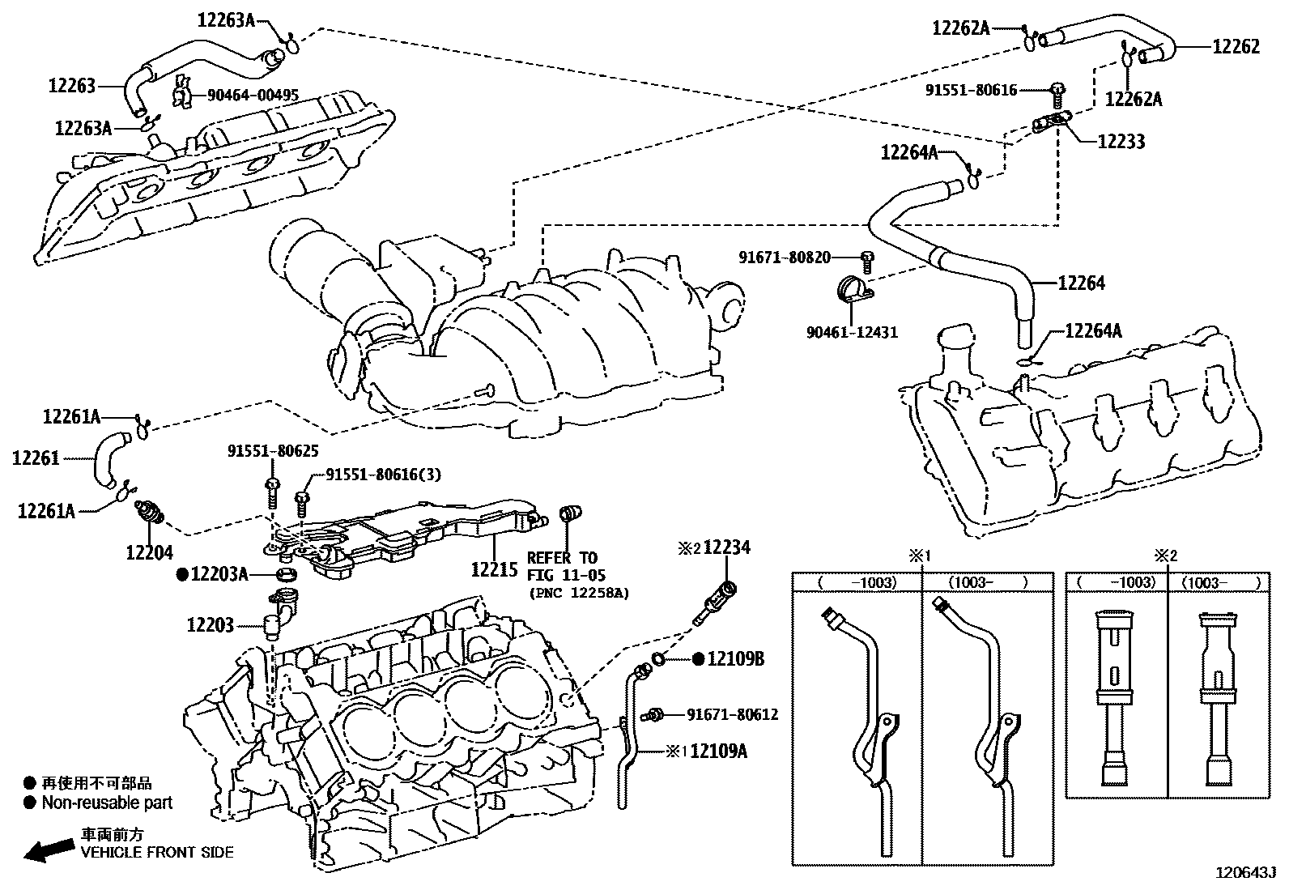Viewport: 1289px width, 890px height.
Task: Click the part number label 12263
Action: (72, 85)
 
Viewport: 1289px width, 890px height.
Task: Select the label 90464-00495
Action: (252, 96)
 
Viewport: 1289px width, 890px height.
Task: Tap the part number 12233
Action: (1121, 142)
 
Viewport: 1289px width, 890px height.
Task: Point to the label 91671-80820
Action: (784, 258)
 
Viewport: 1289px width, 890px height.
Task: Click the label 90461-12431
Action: (852, 332)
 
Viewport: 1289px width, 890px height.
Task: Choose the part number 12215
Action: (494, 569)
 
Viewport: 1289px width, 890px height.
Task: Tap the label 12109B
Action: (735, 659)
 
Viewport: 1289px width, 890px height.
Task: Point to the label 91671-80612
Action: (732, 714)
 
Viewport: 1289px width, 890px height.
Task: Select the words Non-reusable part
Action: (107, 803)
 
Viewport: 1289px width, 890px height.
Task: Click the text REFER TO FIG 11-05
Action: (562, 566)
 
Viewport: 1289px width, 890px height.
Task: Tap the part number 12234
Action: (726, 548)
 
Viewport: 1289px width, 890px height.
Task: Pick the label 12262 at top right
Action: (1236, 47)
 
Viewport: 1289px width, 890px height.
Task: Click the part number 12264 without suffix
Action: (1081, 283)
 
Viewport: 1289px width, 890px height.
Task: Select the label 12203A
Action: (219, 574)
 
